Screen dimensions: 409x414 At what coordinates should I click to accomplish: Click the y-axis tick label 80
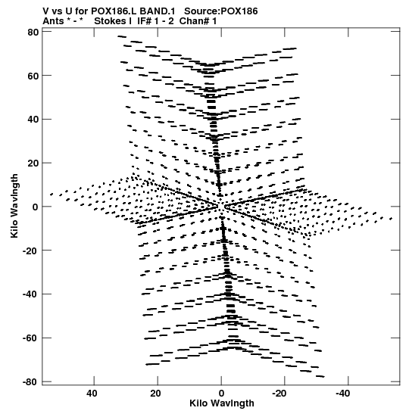tap(33, 33)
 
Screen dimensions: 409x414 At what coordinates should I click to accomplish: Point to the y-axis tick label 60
tap(33, 76)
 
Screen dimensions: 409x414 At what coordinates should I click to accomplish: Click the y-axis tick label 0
tap(36, 207)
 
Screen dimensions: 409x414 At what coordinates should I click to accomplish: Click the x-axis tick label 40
tap(92, 394)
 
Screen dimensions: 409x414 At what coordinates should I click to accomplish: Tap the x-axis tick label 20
tap(155, 394)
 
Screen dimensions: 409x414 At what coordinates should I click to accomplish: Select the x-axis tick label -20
tap(279, 394)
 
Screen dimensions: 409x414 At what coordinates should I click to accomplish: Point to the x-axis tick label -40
tap(343, 394)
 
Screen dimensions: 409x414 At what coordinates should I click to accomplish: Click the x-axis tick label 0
tap(221, 394)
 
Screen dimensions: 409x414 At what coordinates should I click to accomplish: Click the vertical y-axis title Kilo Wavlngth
tap(14, 206)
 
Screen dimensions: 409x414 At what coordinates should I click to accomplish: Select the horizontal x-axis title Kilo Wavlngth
tap(222, 403)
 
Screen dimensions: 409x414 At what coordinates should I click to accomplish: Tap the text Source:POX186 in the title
tap(221, 11)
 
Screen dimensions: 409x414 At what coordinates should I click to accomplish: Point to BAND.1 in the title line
tap(158, 11)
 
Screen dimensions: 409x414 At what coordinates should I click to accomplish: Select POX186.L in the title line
tap(114, 11)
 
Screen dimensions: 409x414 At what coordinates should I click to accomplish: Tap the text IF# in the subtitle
tap(144, 21)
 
